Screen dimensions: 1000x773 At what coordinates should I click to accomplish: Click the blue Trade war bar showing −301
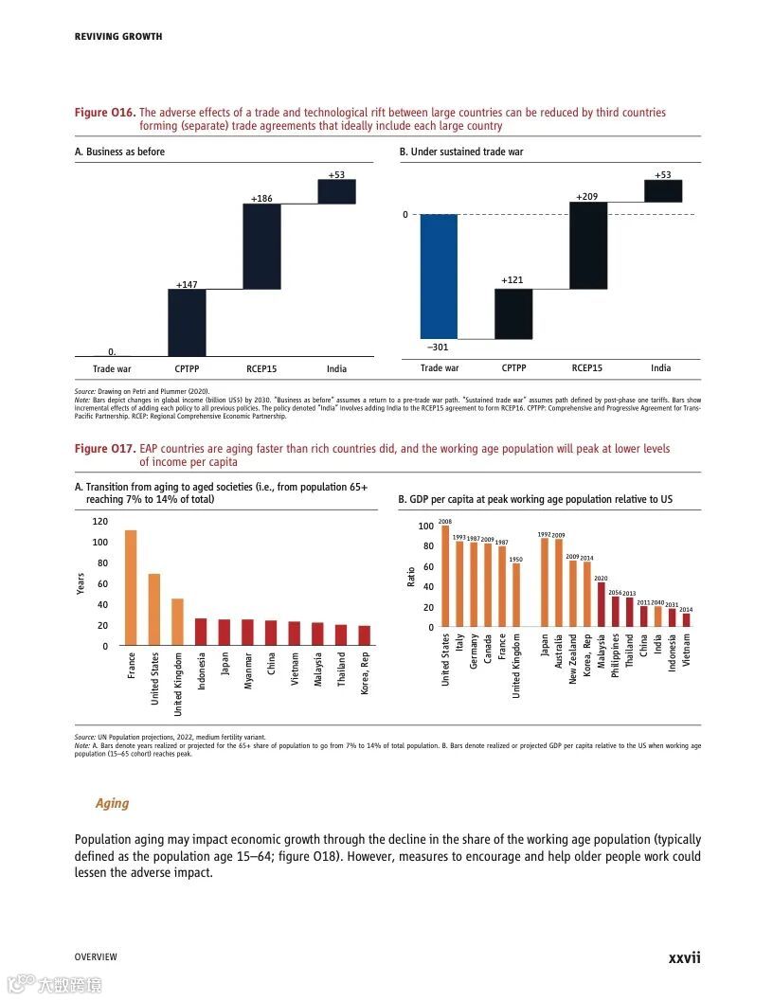coord(439,276)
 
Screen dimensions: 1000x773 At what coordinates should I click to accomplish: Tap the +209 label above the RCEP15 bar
coord(587,196)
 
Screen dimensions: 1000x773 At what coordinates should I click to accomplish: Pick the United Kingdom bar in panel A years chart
coord(177,621)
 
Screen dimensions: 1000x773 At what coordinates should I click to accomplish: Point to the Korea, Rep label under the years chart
coord(365,673)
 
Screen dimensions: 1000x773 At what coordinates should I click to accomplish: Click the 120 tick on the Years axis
coord(99,522)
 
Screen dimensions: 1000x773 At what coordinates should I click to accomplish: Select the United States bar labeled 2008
coord(445,577)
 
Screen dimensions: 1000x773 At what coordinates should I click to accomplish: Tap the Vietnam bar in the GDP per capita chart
coord(686,619)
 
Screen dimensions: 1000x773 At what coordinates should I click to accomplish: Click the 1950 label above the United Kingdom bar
coord(516,560)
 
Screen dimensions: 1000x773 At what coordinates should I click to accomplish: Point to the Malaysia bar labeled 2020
coord(601,604)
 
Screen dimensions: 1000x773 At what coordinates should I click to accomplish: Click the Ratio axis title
coord(411,576)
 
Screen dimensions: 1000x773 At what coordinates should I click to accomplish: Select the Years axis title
coord(81,583)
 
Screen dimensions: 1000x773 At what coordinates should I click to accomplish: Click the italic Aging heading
coord(112,803)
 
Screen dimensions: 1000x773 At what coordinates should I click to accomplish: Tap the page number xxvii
coord(684,957)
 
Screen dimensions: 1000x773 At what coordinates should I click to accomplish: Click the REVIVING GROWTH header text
coord(118,36)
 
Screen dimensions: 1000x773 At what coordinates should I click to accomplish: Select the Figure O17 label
coord(104,448)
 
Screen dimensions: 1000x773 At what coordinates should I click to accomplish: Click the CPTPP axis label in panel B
coord(513,367)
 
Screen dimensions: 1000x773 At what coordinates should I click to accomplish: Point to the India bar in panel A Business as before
coord(336,191)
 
